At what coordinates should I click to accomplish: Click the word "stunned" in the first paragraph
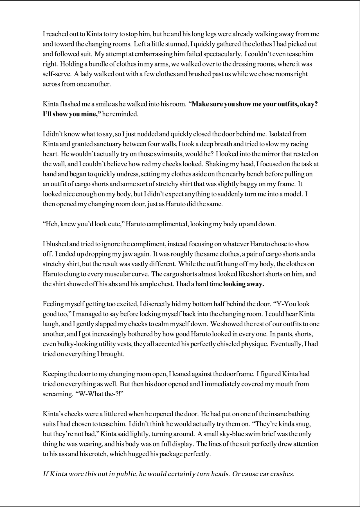click(175, 44)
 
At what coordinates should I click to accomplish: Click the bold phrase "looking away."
click(244, 284)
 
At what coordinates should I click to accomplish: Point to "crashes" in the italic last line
click(282, 474)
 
